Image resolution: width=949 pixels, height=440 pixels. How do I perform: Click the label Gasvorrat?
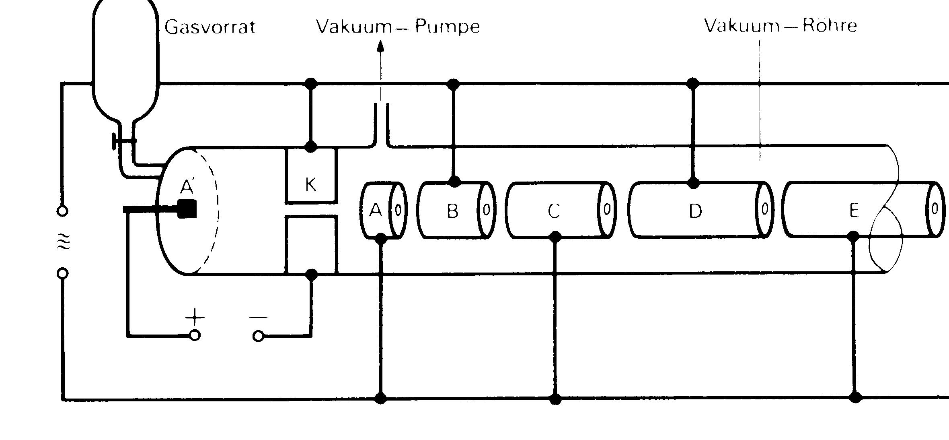pos(210,27)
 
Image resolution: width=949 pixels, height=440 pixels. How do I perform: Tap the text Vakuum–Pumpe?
pos(398,27)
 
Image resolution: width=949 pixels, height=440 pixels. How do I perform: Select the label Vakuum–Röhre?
pos(781,26)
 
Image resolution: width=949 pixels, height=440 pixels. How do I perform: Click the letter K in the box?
pos(311,185)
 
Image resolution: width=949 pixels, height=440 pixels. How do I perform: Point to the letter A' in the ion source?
pos(187,186)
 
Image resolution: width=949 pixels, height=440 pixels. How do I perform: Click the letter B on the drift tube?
pos(452,211)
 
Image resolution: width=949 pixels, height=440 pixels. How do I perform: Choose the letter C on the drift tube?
pos(554,211)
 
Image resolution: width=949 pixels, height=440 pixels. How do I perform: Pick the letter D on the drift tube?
pos(695,211)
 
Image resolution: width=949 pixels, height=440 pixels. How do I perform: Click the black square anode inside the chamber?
pos(187,209)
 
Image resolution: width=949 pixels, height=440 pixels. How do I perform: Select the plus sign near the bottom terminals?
pos(195,317)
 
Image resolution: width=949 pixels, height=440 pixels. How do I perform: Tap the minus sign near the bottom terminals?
pos(258,317)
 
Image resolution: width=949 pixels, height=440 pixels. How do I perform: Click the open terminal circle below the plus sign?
pos(195,335)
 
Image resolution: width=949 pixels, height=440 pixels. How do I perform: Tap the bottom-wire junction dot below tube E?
pos(855,397)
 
